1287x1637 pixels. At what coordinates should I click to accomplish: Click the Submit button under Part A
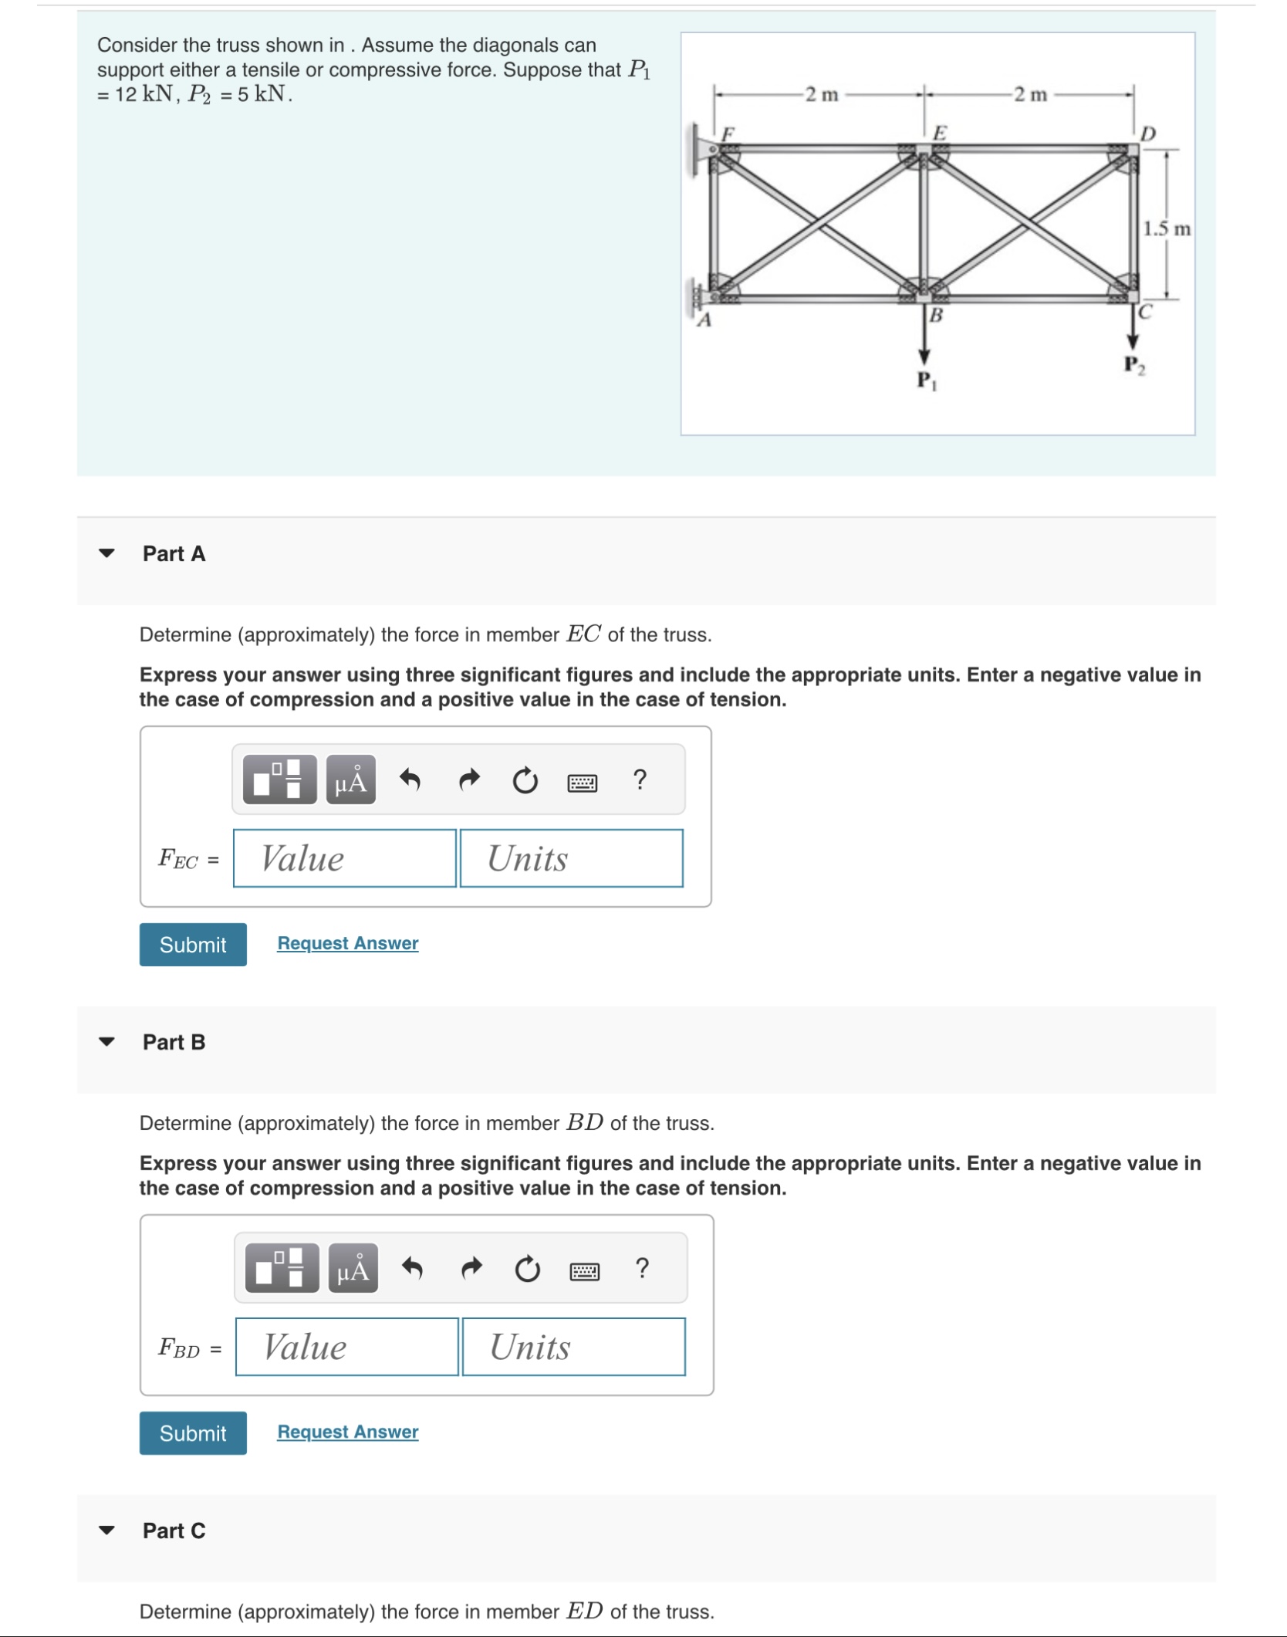(x=193, y=944)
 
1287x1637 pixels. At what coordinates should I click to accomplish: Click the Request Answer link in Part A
(x=347, y=943)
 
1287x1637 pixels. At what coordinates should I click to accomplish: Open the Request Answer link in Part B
(x=347, y=1432)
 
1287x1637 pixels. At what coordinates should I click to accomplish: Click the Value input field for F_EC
(x=344, y=858)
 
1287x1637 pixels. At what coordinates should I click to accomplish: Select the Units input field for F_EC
(x=571, y=858)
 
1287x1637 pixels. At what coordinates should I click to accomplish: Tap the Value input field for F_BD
(x=346, y=1347)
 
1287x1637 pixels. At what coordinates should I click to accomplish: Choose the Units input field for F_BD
(x=573, y=1347)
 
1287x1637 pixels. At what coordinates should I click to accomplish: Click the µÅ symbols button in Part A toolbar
(x=351, y=780)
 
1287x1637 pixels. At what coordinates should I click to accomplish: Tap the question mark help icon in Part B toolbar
(x=641, y=1268)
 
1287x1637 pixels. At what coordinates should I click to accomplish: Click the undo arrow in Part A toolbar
(x=410, y=780)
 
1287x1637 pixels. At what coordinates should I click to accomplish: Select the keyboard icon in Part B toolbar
(x=584, y=1271)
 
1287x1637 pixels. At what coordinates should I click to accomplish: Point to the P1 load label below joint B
(x=926, y=381)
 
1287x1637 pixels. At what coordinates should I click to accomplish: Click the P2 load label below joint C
(x=1133, y=364)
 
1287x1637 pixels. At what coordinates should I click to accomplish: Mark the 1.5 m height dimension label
(x=1166, y=229)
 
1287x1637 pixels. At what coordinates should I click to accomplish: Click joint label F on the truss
(x=726, y=133)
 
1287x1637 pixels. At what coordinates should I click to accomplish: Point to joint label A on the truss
(x=704, y=320)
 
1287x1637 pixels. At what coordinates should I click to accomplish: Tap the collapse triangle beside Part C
(x=106, y=1530)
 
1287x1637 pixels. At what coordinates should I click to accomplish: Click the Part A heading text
(x=174, y=553)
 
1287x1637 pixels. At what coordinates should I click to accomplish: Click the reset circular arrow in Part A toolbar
(x=525, y=780)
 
